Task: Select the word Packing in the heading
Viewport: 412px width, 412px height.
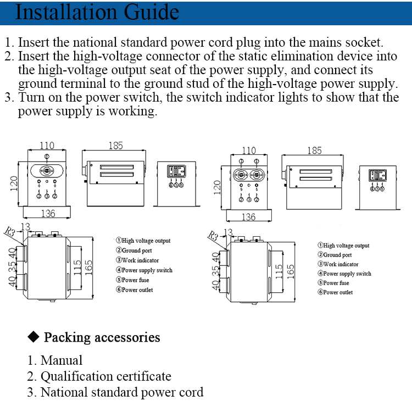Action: [68, 337]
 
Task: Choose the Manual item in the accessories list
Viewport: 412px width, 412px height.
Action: [62, 360]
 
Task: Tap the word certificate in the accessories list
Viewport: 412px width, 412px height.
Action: [143, 376]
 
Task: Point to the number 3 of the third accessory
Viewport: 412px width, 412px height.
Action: [31, 393]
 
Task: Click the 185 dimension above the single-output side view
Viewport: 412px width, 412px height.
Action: [115, 146]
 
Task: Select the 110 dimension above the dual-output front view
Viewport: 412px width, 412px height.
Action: [249, 150]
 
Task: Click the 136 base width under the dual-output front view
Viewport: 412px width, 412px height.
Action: [248, 217]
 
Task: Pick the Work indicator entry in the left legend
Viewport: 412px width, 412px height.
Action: [140, 260]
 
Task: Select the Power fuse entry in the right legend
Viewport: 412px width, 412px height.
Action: [336, 283]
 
